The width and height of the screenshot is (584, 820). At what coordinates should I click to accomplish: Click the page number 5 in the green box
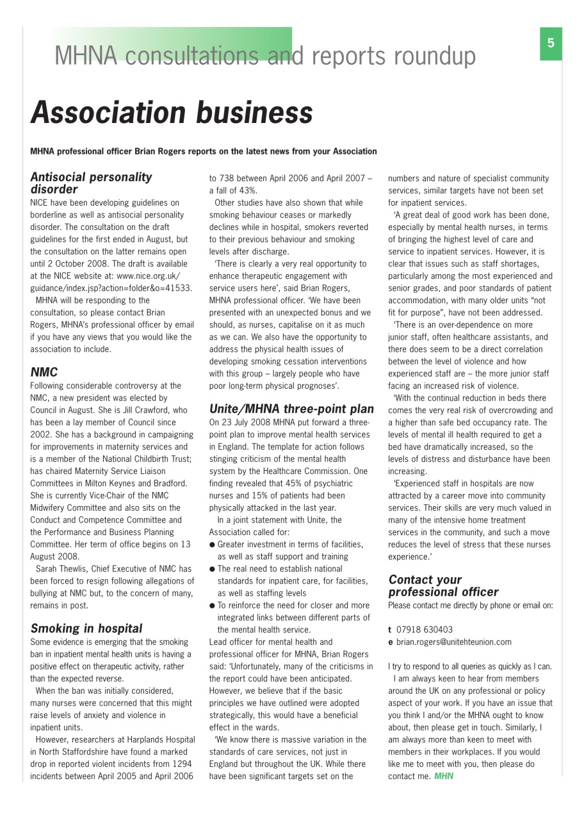click(x=551, y=44)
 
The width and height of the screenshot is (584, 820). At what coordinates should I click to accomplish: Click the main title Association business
click(x=172, y=113)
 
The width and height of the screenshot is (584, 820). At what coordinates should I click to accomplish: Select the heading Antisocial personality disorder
click(x=92, y=183)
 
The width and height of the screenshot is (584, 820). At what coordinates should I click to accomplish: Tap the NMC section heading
click(x=44, y=372)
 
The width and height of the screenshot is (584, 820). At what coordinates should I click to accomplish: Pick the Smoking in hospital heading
click(x=86, y=628)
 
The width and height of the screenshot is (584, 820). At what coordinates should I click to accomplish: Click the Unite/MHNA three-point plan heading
click(x=291, y=409)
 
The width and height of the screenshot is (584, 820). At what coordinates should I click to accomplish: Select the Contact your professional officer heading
click(x=443, y=586)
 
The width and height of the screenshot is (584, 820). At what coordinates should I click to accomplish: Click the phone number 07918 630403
click(x=424, y=630)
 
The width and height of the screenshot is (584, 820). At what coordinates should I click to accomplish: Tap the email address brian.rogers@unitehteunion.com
click(x=453, y=642)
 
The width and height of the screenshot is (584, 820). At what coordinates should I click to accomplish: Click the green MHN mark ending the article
click(x=443, y=776)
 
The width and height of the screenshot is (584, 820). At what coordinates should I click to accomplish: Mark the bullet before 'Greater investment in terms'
click(x=212, y=545)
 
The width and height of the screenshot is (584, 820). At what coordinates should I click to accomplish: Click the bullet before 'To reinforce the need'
click(x=212, y=605)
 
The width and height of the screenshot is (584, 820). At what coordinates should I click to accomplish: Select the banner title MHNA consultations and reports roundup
click(x=265, y=56)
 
